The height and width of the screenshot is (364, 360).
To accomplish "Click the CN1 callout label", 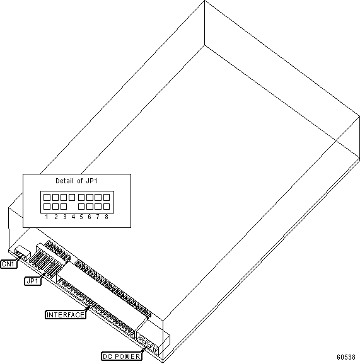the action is pos(9,264).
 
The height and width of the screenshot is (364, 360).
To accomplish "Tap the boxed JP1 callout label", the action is pos(33,281).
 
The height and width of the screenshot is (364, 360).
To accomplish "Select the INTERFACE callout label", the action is pos(66,315).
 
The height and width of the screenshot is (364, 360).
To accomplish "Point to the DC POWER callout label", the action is pos(122,356).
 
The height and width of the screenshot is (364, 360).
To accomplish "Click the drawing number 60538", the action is pos(346,357).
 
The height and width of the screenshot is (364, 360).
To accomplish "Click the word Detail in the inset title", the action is pos(64,181).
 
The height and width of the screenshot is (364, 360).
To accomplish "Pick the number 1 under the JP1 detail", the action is pos(47,217).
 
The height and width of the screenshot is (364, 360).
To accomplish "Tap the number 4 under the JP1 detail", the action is pos(73,217).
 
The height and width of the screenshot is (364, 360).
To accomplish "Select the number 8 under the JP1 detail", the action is pos(106,217).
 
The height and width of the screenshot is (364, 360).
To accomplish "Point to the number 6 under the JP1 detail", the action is pos(90,217).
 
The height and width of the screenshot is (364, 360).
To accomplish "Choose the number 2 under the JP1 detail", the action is pos(55,217).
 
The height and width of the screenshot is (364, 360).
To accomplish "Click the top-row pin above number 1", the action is pos(47,197).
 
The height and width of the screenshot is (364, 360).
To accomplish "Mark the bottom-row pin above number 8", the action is pos(107,207).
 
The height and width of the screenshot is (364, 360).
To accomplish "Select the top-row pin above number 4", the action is pos(72,197).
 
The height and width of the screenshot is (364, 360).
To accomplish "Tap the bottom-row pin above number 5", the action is pos(81,207).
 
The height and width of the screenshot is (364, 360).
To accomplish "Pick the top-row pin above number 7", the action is pos(98,197).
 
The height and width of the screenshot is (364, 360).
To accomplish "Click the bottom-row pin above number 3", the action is pos(64,207).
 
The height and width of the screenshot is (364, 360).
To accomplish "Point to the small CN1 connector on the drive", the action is pos(22,254).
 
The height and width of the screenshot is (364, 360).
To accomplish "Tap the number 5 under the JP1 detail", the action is pos(81,217).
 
